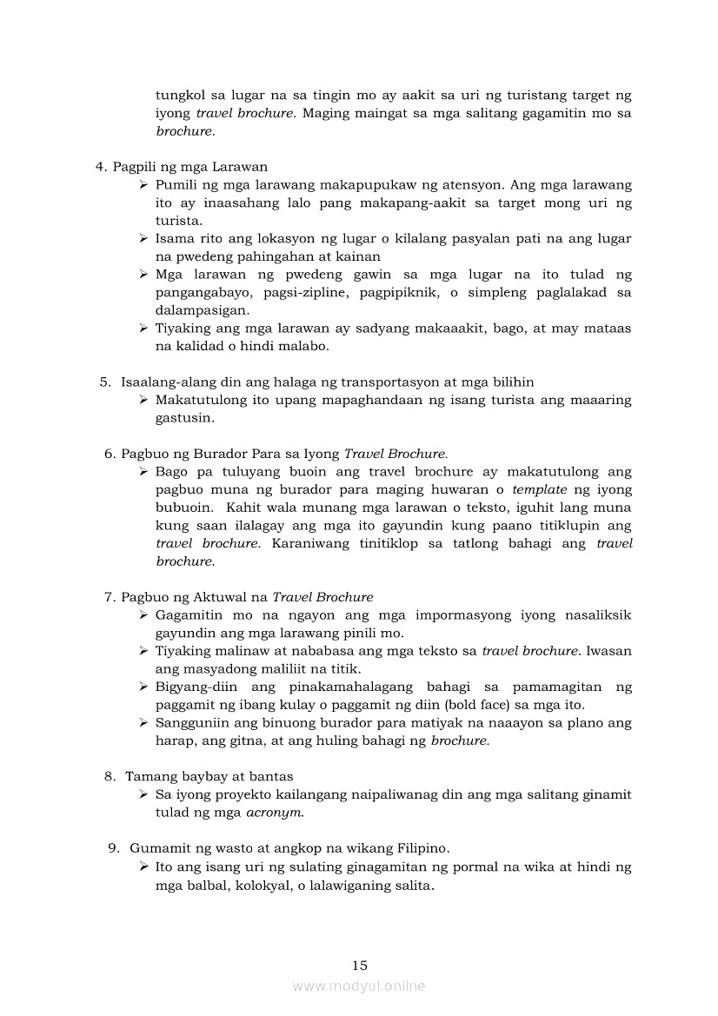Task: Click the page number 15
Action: tap(360, 965)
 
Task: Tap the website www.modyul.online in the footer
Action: tap(359, 986)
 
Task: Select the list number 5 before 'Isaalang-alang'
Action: tap(104, 382)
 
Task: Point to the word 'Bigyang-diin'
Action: tap(192, 687)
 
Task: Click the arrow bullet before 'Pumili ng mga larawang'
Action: tap(143, 185)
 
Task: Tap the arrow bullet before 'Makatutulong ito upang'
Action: tap(143, 400)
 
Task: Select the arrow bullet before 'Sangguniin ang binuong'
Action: tap(143, 722)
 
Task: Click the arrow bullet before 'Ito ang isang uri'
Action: tap(143, 867)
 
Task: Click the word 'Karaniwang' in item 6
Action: tap(309, 543)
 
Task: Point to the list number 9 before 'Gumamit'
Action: tap(113, 847)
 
